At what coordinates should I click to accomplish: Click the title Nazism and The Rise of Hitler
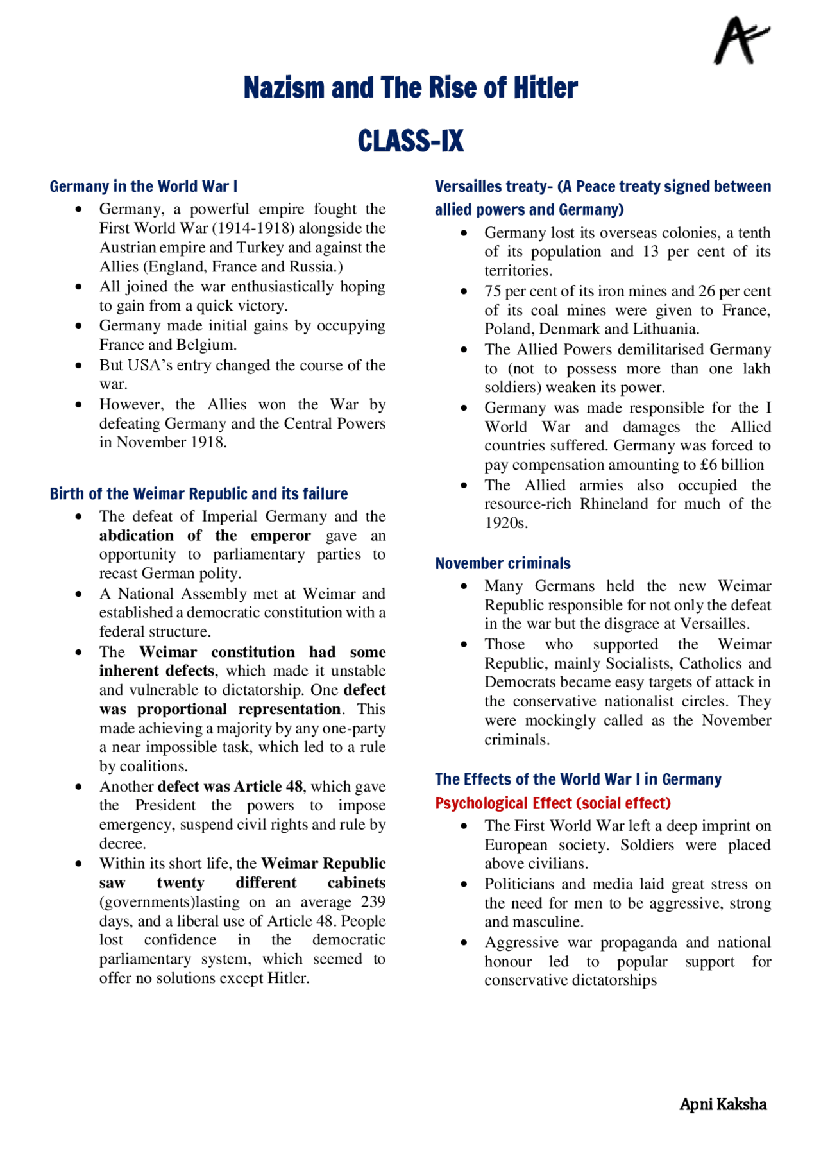410,88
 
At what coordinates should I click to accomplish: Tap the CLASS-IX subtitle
410,141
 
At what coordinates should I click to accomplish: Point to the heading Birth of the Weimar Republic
199,494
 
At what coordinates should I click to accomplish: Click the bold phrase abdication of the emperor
205,536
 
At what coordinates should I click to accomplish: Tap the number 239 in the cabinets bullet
373,902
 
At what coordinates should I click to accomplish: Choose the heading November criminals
503,563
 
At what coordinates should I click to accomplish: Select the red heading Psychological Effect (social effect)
552,803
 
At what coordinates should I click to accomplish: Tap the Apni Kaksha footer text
723,1104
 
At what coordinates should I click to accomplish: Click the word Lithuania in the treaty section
666,329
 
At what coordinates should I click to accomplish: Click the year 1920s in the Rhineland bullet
506,523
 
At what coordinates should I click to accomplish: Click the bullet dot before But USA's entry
78,366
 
